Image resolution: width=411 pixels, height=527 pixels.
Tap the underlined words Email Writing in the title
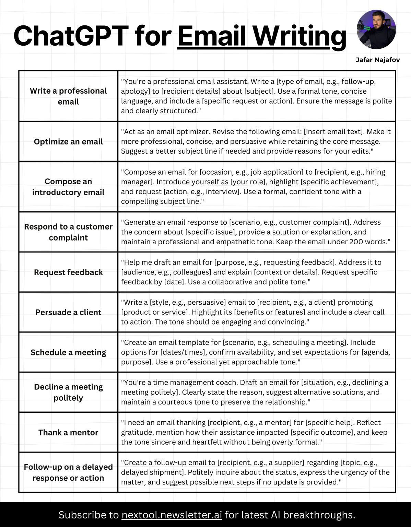(261, 36)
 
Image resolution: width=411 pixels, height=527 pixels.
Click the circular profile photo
(376, 30)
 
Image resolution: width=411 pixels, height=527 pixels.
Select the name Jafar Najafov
(377, 60)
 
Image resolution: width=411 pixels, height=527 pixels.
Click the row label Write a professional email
(68, 96)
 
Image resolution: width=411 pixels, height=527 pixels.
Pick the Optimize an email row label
(68, 142)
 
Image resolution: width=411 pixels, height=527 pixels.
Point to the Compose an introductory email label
(68, 187)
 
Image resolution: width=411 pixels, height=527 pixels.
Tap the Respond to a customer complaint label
(68, 232)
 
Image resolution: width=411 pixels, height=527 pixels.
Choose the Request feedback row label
(68, 272)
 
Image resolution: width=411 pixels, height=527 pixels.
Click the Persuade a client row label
(68, 312)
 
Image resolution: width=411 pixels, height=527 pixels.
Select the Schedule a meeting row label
(68, 352)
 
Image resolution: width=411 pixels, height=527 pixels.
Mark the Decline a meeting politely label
(68, 392)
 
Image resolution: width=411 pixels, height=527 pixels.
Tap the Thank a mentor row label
(68, 432)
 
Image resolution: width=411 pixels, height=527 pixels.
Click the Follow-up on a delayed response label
(68, 472)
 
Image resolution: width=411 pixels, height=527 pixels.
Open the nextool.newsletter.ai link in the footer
(172, 515)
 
